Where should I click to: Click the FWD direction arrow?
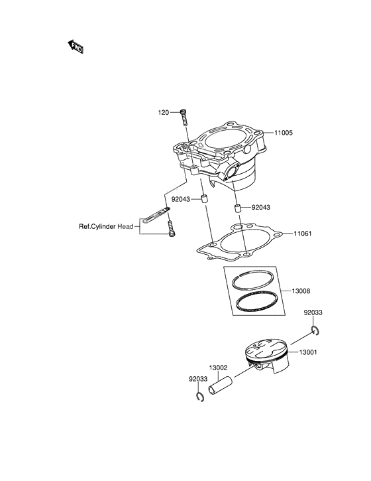point(76,46)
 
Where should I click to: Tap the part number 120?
point(163,112)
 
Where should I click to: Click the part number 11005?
point(284,133)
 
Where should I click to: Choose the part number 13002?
point(219,368)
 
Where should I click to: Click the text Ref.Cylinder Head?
point(107,226)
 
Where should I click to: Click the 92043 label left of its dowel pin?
point(181,198)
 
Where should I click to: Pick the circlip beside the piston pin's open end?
point(199,397)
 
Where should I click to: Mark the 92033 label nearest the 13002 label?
point(198,379)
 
